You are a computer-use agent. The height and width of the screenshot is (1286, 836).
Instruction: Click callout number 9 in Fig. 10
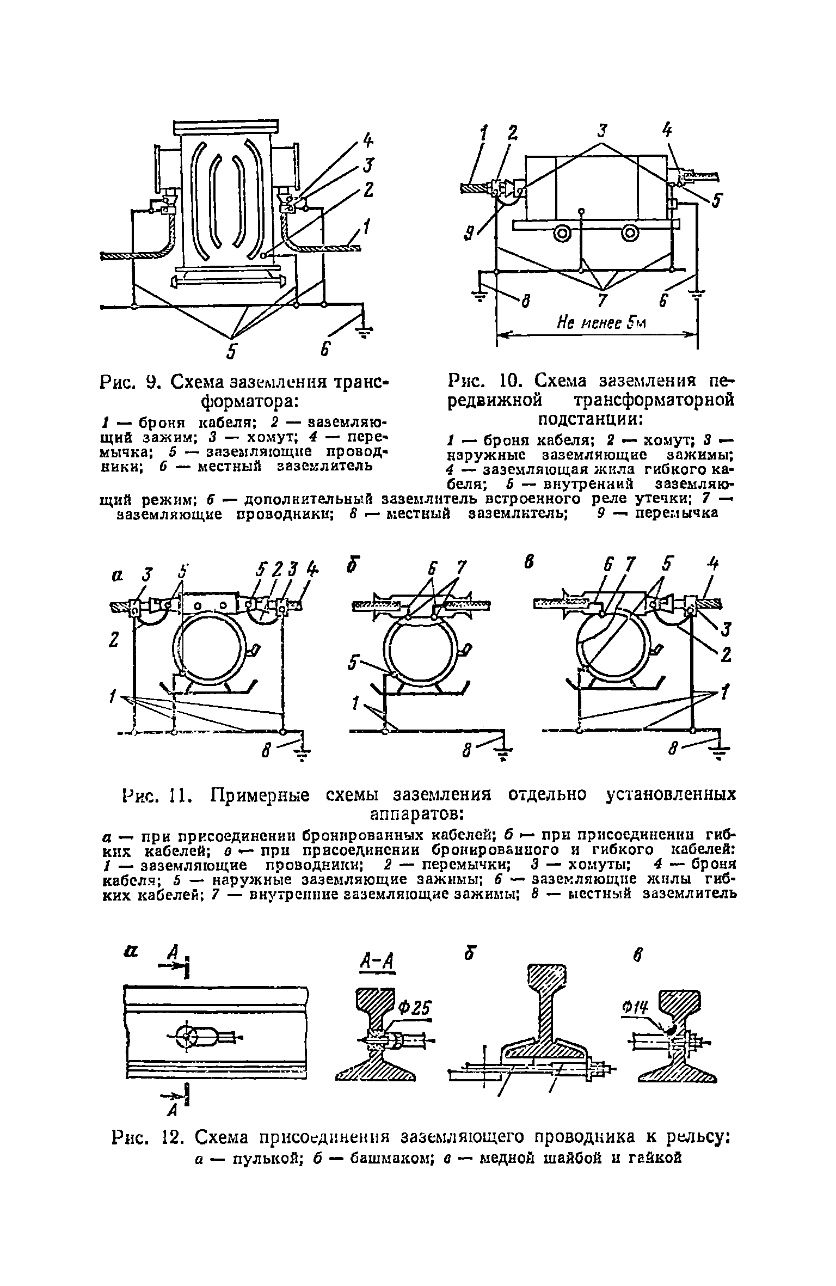[468, 234]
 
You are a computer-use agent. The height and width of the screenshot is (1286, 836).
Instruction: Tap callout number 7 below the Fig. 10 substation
[600, 299]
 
